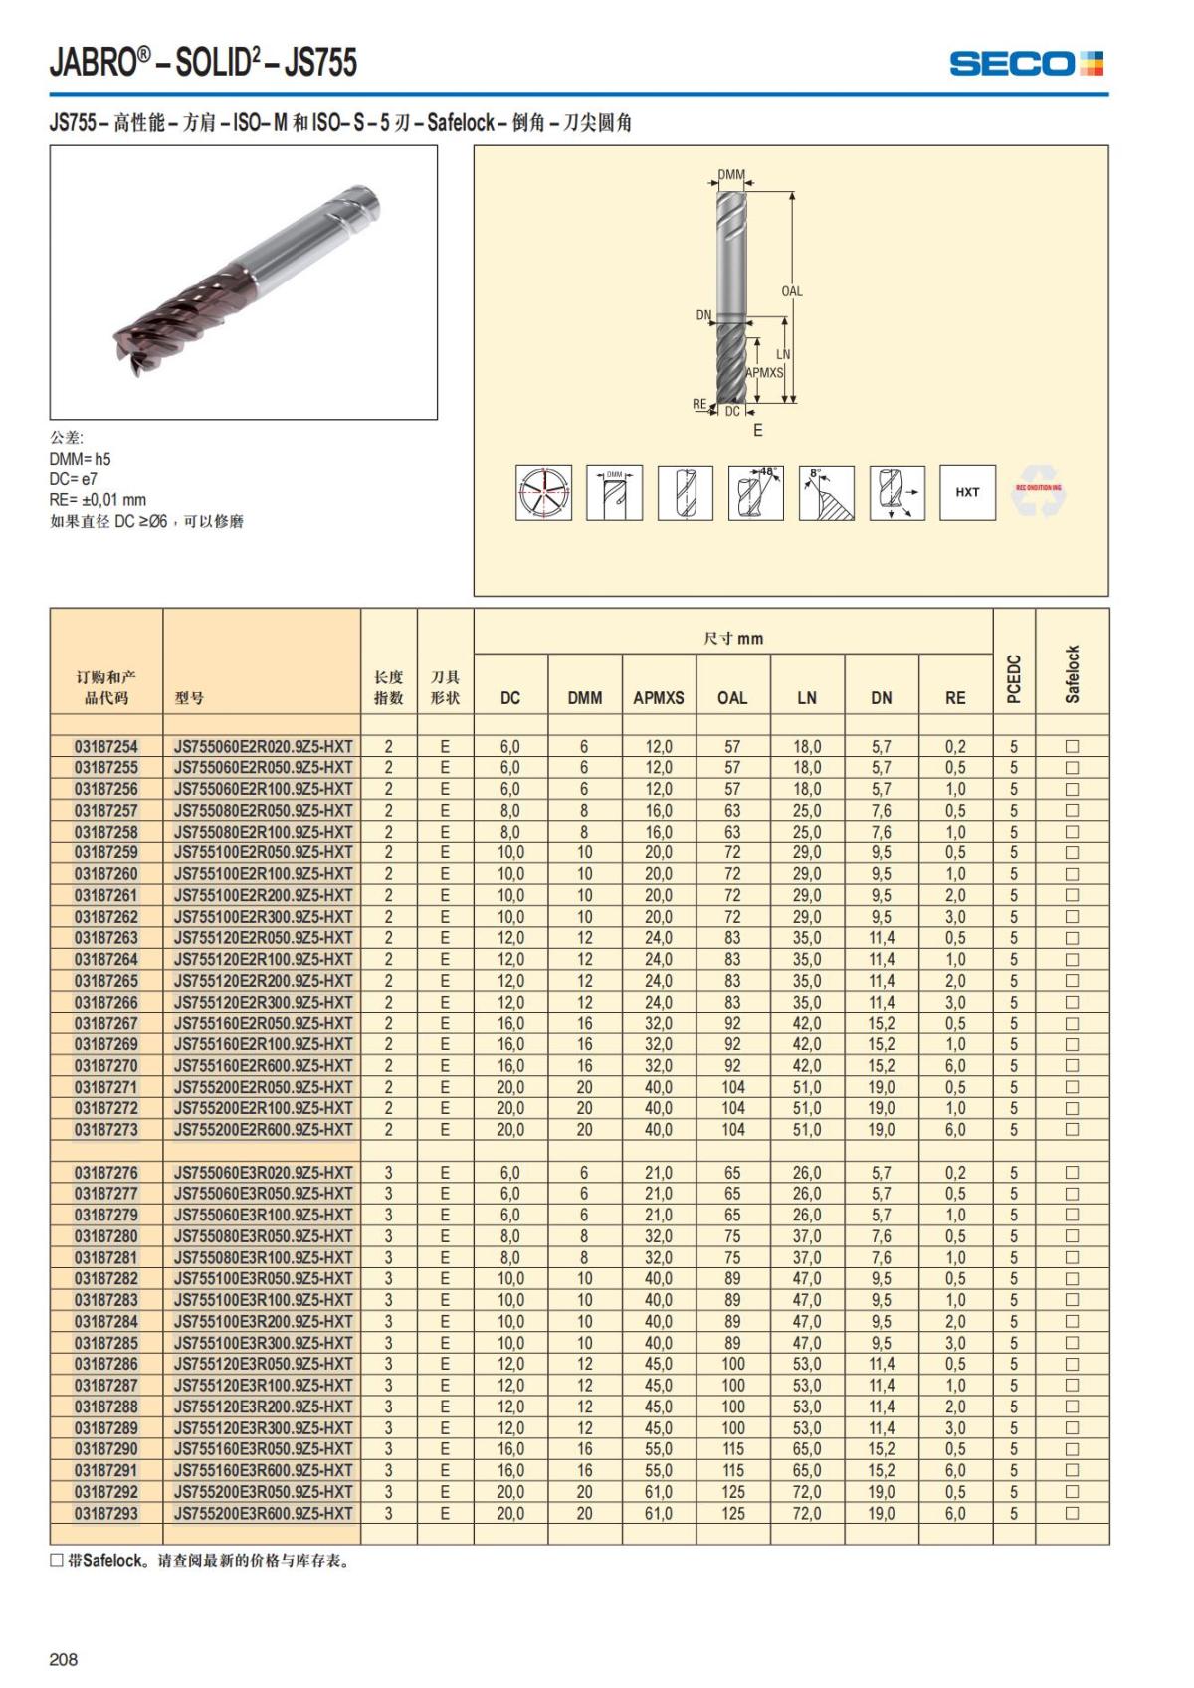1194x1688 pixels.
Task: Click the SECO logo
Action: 1026,64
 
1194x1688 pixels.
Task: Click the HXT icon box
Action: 967,492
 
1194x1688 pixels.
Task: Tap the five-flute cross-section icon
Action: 543,492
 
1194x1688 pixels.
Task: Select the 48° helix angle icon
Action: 756,492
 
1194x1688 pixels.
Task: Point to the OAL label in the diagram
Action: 791,291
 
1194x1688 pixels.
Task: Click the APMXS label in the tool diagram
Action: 764,372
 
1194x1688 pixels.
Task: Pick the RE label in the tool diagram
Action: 699,404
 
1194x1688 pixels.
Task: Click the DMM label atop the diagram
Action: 731,175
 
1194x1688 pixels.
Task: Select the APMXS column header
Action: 658,698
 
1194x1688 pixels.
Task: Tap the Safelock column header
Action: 1072,673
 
